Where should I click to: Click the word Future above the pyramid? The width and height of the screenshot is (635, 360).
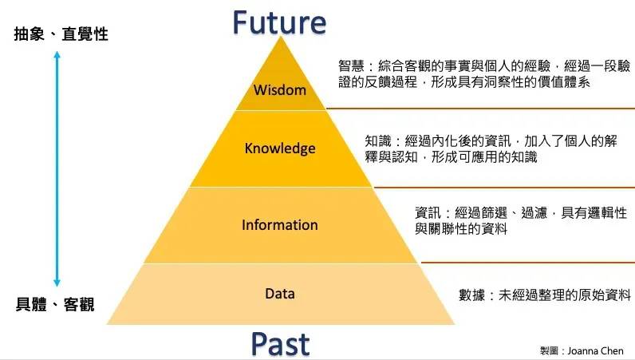(x=279, y=22)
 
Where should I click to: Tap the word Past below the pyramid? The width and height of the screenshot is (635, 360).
(x=280, y=344)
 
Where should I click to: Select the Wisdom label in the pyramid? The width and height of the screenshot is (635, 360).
(x=280, y=89)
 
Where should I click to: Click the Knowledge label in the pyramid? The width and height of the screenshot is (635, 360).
(x=280, y=148)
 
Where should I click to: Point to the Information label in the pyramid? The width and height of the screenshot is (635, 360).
(x=280, y=225)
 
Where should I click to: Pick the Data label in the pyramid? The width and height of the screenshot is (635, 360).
(x=280, y=294)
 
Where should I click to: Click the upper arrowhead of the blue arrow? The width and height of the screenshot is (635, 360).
(x=57, y=54)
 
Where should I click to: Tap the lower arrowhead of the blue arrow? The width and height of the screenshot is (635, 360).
(x=57, y=283)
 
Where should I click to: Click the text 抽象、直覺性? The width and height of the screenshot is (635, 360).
(x=61, y=34)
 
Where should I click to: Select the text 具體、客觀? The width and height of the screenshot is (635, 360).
(x=55, y=304)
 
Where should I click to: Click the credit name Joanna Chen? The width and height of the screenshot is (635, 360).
(x=595, y=350)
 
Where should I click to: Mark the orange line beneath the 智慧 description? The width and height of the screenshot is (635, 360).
(x=480, y=109)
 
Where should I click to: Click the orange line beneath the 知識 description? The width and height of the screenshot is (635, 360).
(x=504, y=188)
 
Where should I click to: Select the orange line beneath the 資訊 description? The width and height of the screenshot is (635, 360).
(x=528, y=263)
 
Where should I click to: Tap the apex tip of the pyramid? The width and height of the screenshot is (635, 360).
(x=280, y=37)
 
